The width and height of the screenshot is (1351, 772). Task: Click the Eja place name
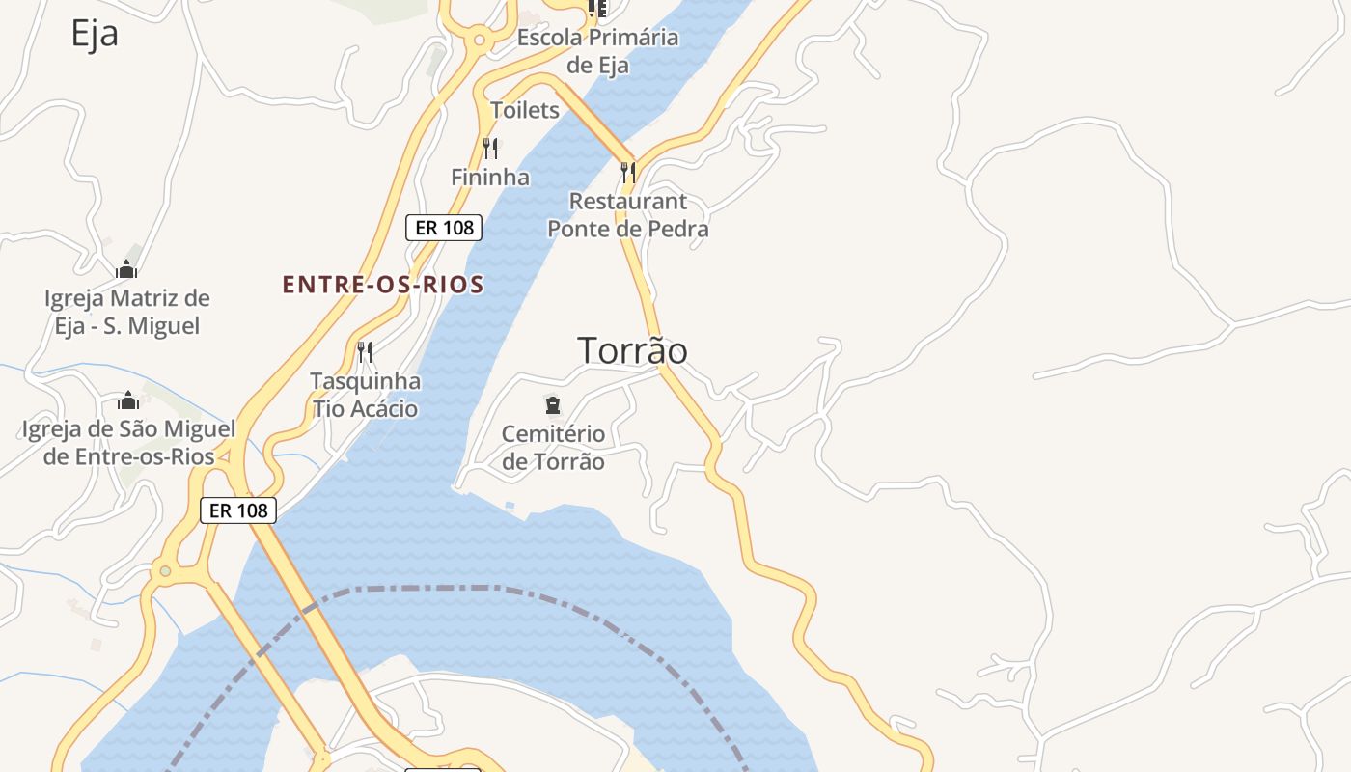tap(95, 34)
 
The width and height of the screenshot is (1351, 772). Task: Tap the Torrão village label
tap(632, 350)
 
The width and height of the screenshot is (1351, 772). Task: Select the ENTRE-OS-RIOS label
tap(383, 285)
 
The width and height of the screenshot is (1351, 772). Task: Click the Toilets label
tap(525, 110)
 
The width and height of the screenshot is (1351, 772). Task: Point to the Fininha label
tap(490, 178)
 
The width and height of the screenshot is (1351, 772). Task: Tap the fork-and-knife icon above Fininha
tap(490, 149)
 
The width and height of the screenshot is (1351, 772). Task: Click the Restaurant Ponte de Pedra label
tap(628, 215)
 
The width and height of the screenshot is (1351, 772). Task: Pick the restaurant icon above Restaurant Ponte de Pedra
tap(628, 172)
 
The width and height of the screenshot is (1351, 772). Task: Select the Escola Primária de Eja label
tap(598, 51)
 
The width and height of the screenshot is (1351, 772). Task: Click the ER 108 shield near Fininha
tap(444, 228)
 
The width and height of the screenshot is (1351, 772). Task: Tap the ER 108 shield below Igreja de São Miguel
tap(238, 510)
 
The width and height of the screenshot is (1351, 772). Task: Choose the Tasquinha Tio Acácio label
tap(365, 395)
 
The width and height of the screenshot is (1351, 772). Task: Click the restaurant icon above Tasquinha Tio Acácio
tap(365, 351)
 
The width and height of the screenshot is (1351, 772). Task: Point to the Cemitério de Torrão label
tap(553, 448)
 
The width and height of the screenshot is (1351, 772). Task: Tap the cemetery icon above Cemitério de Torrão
tap(553, 405)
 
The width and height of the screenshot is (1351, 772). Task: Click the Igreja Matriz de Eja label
tap(126, 312)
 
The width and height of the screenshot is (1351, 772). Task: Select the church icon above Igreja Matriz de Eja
tap(126, 269)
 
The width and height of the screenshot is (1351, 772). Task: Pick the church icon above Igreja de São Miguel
tap(128, 400)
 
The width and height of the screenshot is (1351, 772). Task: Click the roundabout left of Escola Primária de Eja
tap(479, 41)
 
